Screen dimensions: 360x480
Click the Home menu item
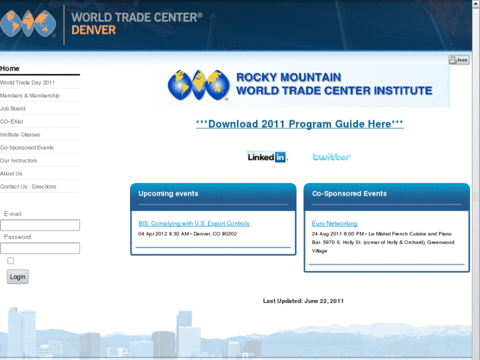[x=10, y=69]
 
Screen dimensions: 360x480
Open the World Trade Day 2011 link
[x=28, y=83]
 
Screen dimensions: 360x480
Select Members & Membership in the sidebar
[x=30, y=96]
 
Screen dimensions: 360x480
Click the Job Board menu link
[x=13, y=109]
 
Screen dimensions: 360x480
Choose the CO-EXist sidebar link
[x=11, y=122]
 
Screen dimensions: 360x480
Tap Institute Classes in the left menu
[x=20, y=135]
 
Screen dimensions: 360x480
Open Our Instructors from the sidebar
[x=18, y=161]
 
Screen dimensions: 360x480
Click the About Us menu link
[x=11, y=174]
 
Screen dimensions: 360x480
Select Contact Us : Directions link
[x=28, y=187]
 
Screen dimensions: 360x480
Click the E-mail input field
[x=40, y=225]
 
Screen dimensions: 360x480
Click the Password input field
[x=40, y=248]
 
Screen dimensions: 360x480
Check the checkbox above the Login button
[x=11, y=261]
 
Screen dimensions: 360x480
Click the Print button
[x=459, y=60]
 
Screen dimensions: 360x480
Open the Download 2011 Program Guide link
[x=300, y=124]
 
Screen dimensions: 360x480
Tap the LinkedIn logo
[x=267, y=157]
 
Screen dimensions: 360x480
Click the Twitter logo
[x=331, y=157]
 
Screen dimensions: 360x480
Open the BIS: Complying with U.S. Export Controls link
[x=193, y=224]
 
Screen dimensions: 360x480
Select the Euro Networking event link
[x=335, y=224]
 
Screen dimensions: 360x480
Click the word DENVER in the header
[x=93, y=30]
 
